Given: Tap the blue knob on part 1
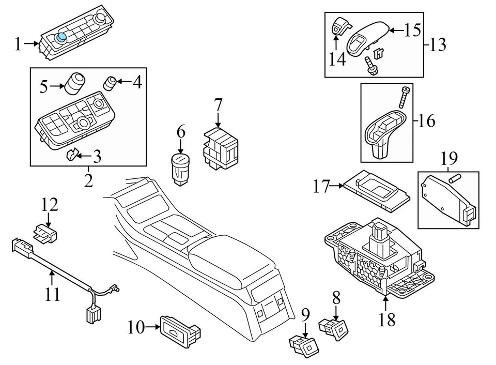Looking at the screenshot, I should [x=62, y=37].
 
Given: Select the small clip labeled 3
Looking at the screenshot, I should [x=73, y=154].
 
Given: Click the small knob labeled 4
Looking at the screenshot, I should [x=110, y=83].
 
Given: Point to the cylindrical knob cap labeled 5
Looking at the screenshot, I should [x=75, y=83].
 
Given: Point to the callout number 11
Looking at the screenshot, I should [x=52, y=295].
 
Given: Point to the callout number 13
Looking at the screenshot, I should [x=438, y=44].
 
